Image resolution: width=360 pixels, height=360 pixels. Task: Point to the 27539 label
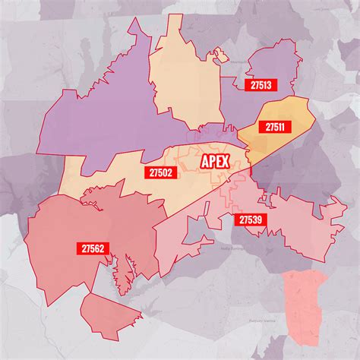pos(251,219)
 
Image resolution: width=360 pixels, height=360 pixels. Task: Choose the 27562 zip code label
pos(91,248)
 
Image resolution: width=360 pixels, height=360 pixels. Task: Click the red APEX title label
pos(215,163)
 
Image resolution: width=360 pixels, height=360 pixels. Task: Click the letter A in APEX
pos(204,163)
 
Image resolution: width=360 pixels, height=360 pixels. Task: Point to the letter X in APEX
pos(226,163)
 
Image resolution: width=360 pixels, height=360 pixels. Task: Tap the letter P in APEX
pos(212,163)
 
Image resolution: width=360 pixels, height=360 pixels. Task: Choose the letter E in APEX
pos(219,163)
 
